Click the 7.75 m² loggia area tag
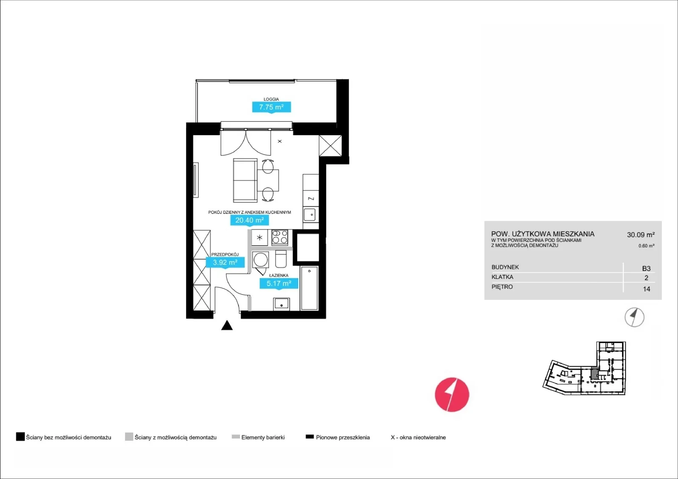[x=272, y=107]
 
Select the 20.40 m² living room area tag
[x=250, y=220]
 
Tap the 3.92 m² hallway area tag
[x=225, y=262]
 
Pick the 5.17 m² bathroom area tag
[x=279, y=283]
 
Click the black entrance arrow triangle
[x=227, y=326]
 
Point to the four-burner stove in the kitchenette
[x=280, y=237]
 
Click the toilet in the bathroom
[x=281, y=259]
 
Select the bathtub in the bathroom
[x=309, y=288]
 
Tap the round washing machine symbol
[x=260, y=260]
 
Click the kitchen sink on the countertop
[x=310, y=215]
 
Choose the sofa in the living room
[x=245, y=180]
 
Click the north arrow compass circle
[x=634, y=317]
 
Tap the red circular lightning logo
[x=452, y=395]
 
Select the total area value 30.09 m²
[x=641, y=235]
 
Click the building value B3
[x=646, y=269]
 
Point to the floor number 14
[x=647, y=289]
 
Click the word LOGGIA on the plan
[x=271, y=99]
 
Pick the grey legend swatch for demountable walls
[x=129, y=437]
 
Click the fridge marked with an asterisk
[x=259, y=238]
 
